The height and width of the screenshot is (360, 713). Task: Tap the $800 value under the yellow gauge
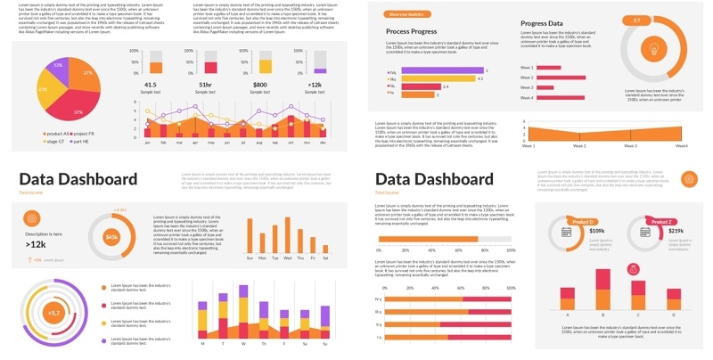[260, 85]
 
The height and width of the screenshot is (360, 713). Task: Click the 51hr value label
[205, 85]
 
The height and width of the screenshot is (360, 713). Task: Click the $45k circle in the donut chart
[111, 237]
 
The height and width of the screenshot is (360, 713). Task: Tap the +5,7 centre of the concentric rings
[53, 313]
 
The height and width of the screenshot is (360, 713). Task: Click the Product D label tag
[583, 222]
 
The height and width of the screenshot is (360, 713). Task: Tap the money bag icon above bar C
[636, 269]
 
